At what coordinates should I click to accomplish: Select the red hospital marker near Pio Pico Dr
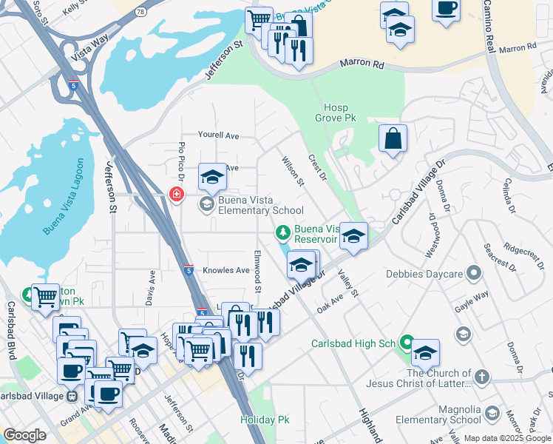[176, 195]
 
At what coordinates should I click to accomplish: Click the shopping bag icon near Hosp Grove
[393, 138]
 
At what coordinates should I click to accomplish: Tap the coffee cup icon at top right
[446, 9]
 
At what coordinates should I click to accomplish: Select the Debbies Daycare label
[424, 275]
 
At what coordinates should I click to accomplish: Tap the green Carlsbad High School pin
[406, 343]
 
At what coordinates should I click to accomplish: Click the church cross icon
[481, 377]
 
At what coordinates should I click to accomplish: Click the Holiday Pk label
[265, 420]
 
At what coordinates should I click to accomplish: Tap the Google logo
[24, 435]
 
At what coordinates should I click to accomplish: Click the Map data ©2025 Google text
[507, 438]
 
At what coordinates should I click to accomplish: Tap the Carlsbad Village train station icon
[72, 396]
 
